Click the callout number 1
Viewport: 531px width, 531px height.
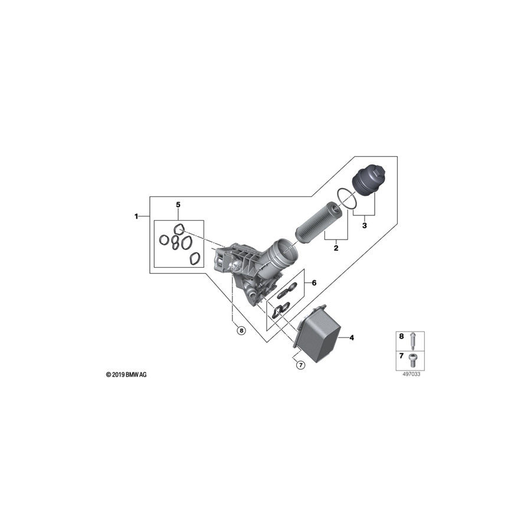[x=136, y=216]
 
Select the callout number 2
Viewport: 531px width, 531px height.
[x=336, y=248]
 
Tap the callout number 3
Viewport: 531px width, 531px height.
[x=365, y=225]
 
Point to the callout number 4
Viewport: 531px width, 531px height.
[x=352, y=337]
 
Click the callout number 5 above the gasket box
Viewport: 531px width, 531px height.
[x=178, y=205]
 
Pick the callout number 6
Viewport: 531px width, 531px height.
[x=314, y=283]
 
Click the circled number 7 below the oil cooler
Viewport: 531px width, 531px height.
[x=300, y=365]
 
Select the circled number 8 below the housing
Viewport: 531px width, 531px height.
[x=241, y=330]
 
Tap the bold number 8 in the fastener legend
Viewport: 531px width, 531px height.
[x=402, y=336]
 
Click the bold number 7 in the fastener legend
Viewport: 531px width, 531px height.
[x=402, y=356]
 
